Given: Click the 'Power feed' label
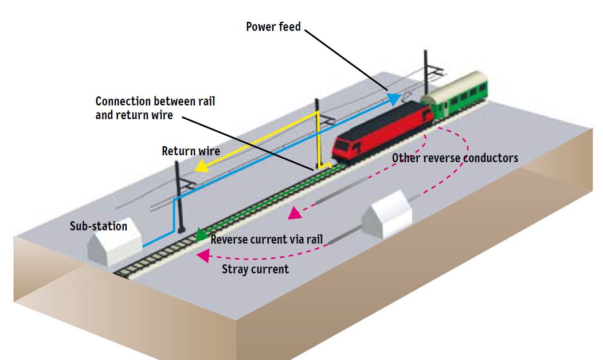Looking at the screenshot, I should [x=273, y=27].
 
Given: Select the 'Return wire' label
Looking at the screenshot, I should [x=191, y=151].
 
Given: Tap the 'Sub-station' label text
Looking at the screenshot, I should [x=99, y=226].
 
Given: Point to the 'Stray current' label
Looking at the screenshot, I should [x=255, y=269].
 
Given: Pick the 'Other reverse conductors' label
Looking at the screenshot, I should [x=455, y=158].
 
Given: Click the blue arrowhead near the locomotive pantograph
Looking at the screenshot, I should [x=394, y=98].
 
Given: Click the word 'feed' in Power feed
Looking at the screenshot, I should [x=289, y=27].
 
